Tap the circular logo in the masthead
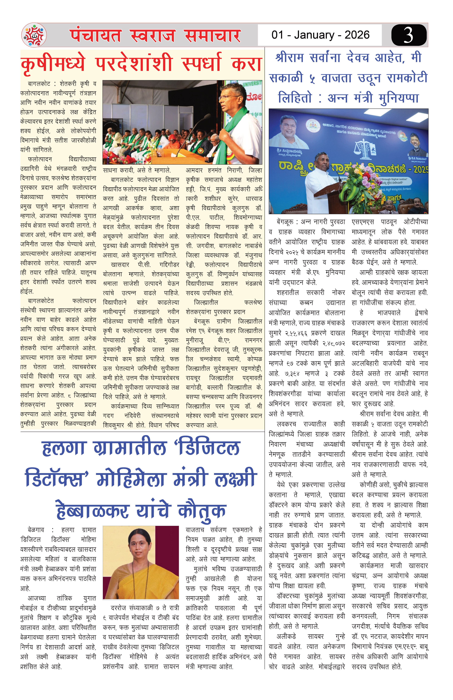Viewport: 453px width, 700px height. [34, 35]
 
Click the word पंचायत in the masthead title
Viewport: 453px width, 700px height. [96, 36]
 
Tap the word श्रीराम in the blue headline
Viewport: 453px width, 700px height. [290, 57]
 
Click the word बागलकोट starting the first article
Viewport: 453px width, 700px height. [39, 84]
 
